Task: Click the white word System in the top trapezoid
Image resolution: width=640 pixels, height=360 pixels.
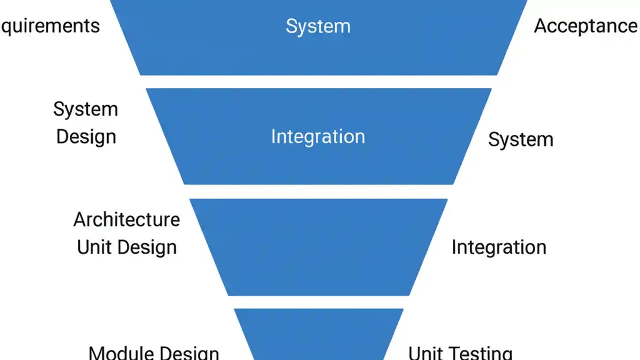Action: coord(318,26)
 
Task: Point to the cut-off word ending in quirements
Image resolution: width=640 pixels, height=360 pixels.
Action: coord(50,26)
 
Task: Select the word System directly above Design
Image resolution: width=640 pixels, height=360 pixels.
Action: coord(85,109)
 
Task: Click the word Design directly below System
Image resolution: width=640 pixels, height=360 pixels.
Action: coord(86,136)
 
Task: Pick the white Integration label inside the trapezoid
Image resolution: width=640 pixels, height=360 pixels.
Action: coord(318,136)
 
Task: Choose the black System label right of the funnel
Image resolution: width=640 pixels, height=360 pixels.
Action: coord(520,139)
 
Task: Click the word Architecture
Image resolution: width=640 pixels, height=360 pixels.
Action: coord(126,219)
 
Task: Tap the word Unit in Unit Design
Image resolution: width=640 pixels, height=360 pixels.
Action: coord(93,247)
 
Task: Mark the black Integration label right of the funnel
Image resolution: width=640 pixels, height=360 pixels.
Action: coord(498,247)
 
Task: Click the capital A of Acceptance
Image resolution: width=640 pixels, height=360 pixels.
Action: coord(541,26)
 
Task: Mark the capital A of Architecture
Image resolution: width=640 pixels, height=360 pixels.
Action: coord(80,219)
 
